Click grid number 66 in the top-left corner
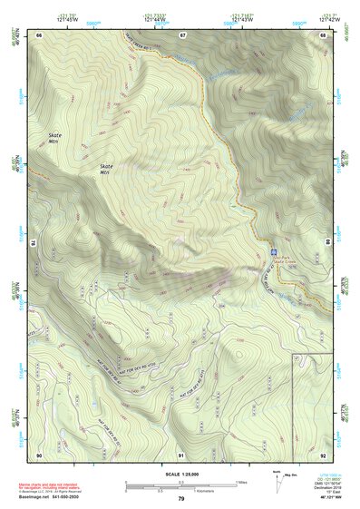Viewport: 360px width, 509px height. [x=40, y=34]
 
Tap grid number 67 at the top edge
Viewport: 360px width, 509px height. [x=181, y=34]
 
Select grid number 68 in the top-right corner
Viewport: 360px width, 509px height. [x=322, y=34]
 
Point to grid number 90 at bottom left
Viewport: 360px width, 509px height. [x=40, y=454]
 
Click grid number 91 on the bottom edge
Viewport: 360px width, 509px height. [x=181, y=454]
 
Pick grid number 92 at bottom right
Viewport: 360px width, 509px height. [x=322, y=454]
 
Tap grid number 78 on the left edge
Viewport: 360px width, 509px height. [x=35, y=243]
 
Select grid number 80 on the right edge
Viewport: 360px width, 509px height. [x=326, y=243]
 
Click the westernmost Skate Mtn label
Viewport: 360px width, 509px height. [x=56, y=139]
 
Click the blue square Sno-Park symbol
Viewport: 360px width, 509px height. [x=274, y=251]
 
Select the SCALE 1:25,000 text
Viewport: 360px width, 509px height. [x=180, y=474]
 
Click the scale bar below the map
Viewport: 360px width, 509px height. [x=180, y=485]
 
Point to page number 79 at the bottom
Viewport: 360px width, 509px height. [x=180, y=499]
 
